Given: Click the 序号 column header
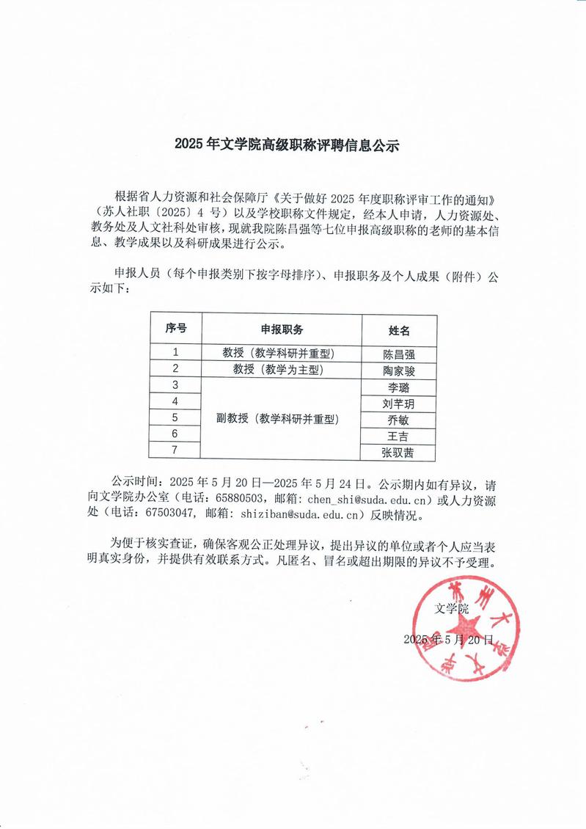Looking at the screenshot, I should pos(175,329).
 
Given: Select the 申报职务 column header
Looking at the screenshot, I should pos(282,329).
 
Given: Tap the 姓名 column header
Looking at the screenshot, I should pos(399,331).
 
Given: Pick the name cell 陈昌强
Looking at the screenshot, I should pos(399,354).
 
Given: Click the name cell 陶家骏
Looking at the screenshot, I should pos(399,370).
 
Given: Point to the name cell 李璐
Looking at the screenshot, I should pos(399,387).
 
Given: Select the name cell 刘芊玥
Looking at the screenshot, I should pos(399,403).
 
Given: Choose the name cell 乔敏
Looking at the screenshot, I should pos(399,420).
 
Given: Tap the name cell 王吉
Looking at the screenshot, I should pos(399,437).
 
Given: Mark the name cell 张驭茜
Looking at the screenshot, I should pos(399,453).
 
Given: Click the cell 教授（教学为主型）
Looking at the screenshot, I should pos(282,369).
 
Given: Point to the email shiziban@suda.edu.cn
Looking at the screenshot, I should pos(307,516).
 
